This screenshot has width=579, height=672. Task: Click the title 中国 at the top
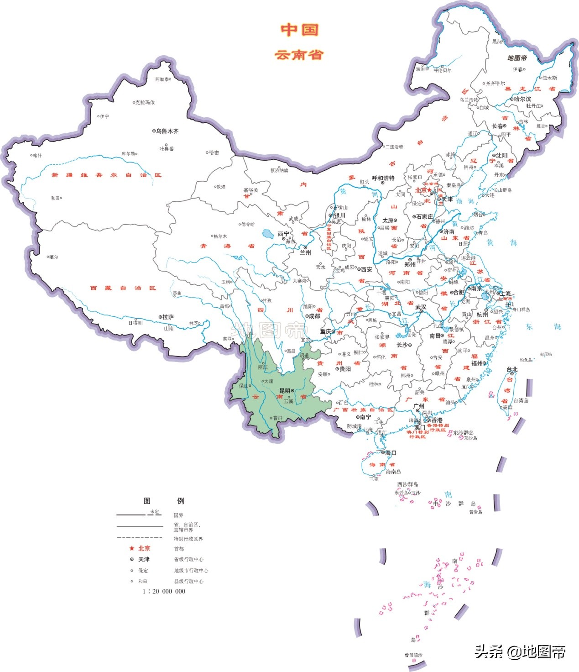[x=299, y=30]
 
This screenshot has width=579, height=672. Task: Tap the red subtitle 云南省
[x=299, y=55]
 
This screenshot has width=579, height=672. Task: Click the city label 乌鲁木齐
[x=167, y=131]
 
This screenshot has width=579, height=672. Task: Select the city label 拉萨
[x=168, y=317]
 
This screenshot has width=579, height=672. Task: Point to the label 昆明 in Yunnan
[x=285, y=391]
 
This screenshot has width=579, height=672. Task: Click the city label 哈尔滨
[x=522, y=99]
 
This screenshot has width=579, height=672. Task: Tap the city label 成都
[x=314, y=316]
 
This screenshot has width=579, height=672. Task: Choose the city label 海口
[x=391, y=453]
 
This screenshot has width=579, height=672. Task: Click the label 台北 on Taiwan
[x=512, y=369]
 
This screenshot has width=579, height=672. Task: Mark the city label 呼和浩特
[x=383, y=178]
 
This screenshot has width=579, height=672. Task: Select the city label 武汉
[x=421, y=307]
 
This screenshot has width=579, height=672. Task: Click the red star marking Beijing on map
[x=429, y=190]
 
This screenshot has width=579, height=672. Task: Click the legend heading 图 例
[x=163, y=501]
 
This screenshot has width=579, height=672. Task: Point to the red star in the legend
[x=131, y=548]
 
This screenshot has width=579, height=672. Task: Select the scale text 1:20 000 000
[x=164, y=591]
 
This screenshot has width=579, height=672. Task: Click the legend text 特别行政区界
[x=188, y=539]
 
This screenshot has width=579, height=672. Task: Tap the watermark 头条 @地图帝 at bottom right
[x=520, y=651]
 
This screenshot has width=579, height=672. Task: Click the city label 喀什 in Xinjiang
[x=37, y=155]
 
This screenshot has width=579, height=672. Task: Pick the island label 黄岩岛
[x=475, y=512]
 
